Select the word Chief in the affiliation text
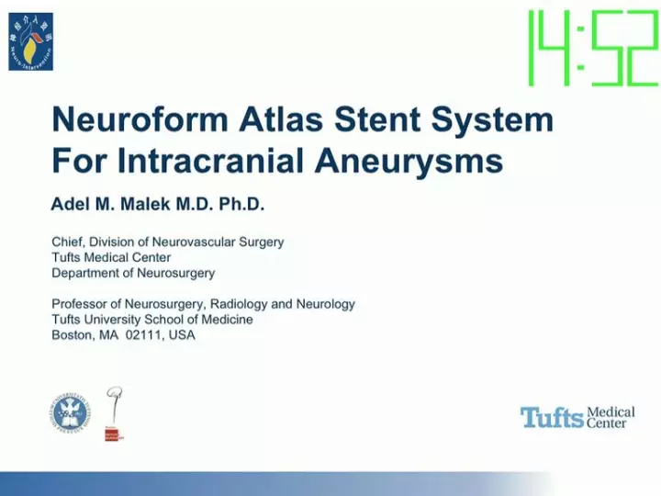click(69, 242)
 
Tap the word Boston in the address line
click(73, 334)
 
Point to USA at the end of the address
click(181, 334)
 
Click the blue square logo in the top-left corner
click(31, 41)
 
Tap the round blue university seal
click(71, 413)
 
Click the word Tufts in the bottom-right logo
click(552, 418)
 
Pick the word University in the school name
click(115, 319)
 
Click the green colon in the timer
click(577, 49)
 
